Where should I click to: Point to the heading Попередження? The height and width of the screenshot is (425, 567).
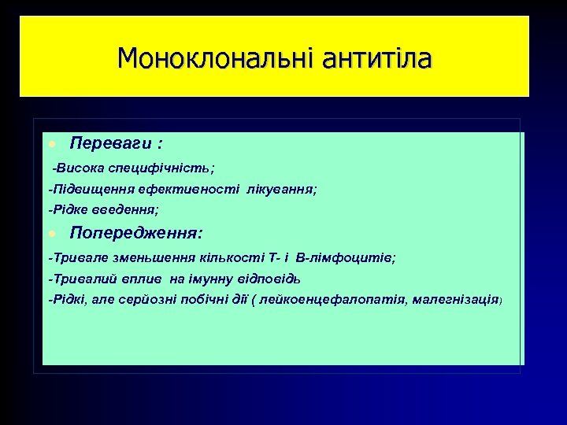[136, 232]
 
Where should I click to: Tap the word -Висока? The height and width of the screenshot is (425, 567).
[76, 168]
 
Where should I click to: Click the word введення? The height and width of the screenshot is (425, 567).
[131, 210]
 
